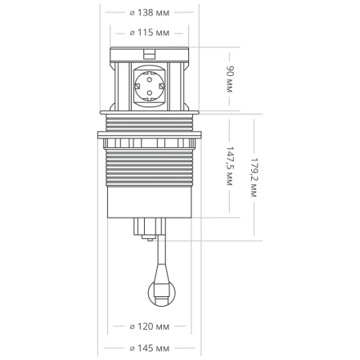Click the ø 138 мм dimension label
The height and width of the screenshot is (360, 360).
coord(151,13)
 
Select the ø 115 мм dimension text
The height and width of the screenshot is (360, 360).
coord(151,34)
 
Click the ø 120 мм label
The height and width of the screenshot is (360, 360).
coord(151,328)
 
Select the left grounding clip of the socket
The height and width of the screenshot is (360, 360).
coord(137,88)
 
